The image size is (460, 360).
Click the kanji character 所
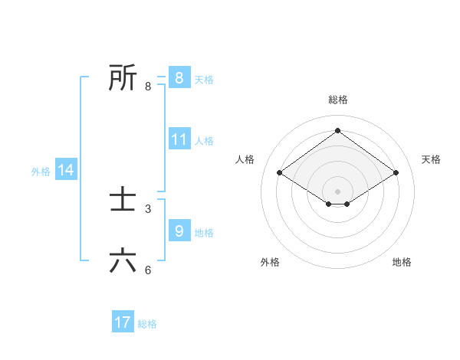(x=123, y=77)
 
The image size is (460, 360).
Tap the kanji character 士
(x=123, y=200)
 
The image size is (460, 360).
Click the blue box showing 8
(x=179, y=77)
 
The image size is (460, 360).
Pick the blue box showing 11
(x=179, y=139)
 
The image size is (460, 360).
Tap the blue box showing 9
(x=179, y=231)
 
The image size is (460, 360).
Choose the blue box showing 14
(x=66, y=170)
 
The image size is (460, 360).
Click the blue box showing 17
(x=123, y=322)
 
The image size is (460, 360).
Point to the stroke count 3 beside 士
(x=148, y=208)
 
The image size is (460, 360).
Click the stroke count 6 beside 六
(x=148, y=270)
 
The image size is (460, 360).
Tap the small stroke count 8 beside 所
(x=148, y=86)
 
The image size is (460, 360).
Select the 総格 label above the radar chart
(x=337, y=100)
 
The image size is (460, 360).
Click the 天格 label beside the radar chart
(x=431, y=159)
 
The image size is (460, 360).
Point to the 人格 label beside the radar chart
(x=245, y=159)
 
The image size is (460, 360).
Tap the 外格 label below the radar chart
(x=270, y=262)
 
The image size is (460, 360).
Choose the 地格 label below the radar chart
(x=402, y=262)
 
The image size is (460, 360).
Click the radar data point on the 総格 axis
(x=337, y=131)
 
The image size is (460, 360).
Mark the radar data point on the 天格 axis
(x=396, y=173)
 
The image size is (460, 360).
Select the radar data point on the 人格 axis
(x=279, y=173)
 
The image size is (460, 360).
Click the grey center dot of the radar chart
(x=337, y=191)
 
